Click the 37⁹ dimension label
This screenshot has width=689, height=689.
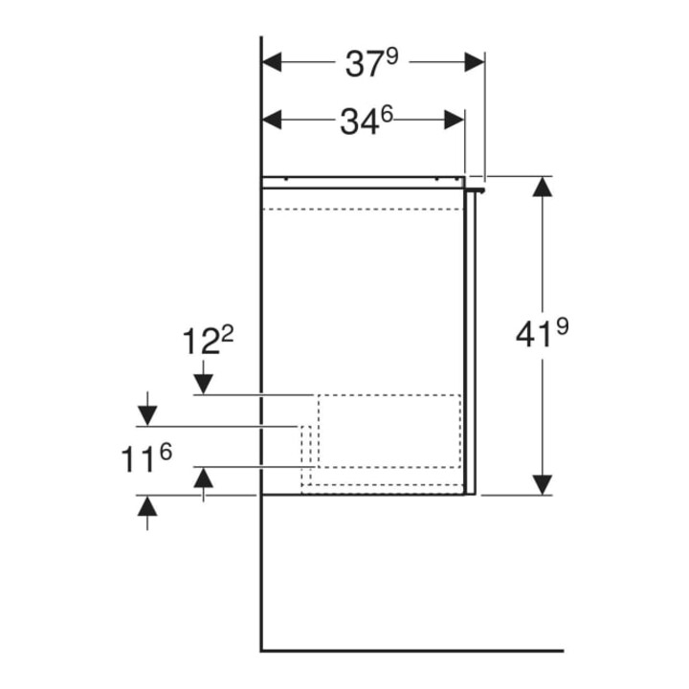click(x=371, y=63)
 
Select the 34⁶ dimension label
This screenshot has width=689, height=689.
click(x=366, y=121)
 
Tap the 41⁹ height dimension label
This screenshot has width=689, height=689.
click(x=542, y=333)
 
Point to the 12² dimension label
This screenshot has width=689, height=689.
click(x=208, y=341)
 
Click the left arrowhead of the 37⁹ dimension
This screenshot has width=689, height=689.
click(x=272, y=62)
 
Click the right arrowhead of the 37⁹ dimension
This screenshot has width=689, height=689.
click(x=475, y=62)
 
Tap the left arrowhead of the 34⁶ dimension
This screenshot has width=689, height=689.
click(x=272, y=120)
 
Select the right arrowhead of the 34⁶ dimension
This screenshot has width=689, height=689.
click(x=455, y=120)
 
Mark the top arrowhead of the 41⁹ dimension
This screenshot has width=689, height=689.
click(x=543, y=187)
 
